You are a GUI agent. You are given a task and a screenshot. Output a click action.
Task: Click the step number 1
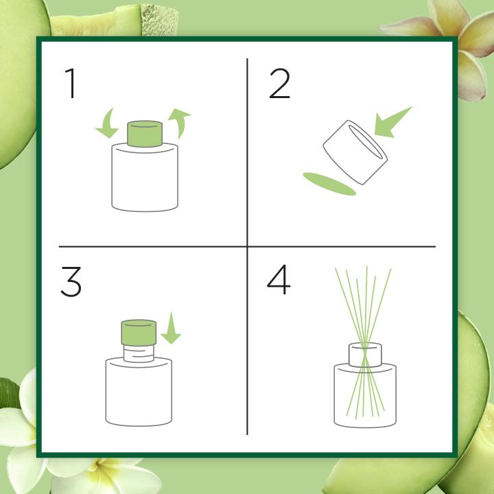tap(71, 84)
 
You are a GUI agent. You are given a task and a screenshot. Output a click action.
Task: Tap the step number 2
tap(279, 84)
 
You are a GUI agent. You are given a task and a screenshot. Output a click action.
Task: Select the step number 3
tap(71, 282)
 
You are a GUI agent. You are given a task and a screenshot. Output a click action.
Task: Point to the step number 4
tap(279, 280)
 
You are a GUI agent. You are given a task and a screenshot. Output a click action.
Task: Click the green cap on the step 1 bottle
tap(145, 134)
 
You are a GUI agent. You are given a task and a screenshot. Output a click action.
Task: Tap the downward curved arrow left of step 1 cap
tap(106, 123)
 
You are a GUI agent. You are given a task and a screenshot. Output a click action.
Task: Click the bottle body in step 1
tap(145, 177)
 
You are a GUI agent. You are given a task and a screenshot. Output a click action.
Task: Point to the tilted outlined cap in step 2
tap(355, 152)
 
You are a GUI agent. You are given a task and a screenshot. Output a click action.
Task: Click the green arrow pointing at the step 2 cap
tap(392, 123)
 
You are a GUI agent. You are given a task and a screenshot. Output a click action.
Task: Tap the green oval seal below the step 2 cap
tap(329, 184)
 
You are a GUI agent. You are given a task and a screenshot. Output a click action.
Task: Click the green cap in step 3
tap(139, 332)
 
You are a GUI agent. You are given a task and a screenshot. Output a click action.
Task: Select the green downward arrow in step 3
tap(171, 328)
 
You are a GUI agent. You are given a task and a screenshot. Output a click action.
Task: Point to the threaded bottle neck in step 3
tap(139, 353)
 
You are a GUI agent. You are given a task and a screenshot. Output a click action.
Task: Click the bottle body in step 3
tap(139, 392)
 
